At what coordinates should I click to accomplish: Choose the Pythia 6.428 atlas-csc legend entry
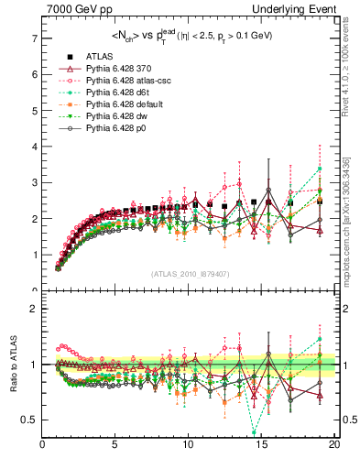pos(123,81)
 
